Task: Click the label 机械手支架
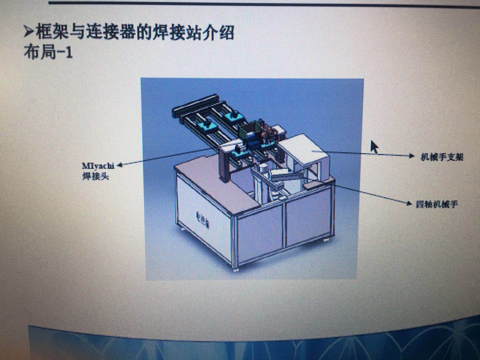coord(442,157)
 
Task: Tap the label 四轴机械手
coord(437,204)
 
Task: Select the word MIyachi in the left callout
coord(98,166)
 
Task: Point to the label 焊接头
coord(96,176)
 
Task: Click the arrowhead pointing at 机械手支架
coord(412,156)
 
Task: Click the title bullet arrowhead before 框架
coord(29,32)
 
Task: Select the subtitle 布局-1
coord(48,52)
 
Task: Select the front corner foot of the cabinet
coord(236,268)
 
